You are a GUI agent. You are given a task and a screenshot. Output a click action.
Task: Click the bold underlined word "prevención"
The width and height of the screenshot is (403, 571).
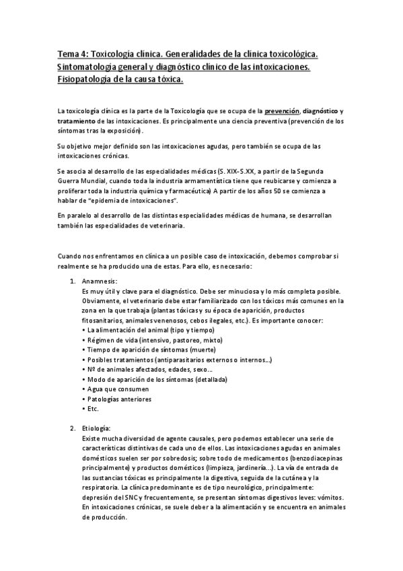(x=282, y=111)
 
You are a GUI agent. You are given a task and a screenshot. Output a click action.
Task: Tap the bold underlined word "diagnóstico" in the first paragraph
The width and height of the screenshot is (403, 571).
(x=320, y=111)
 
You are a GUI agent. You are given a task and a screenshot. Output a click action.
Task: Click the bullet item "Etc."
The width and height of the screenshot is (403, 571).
(x=93, y=408)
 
